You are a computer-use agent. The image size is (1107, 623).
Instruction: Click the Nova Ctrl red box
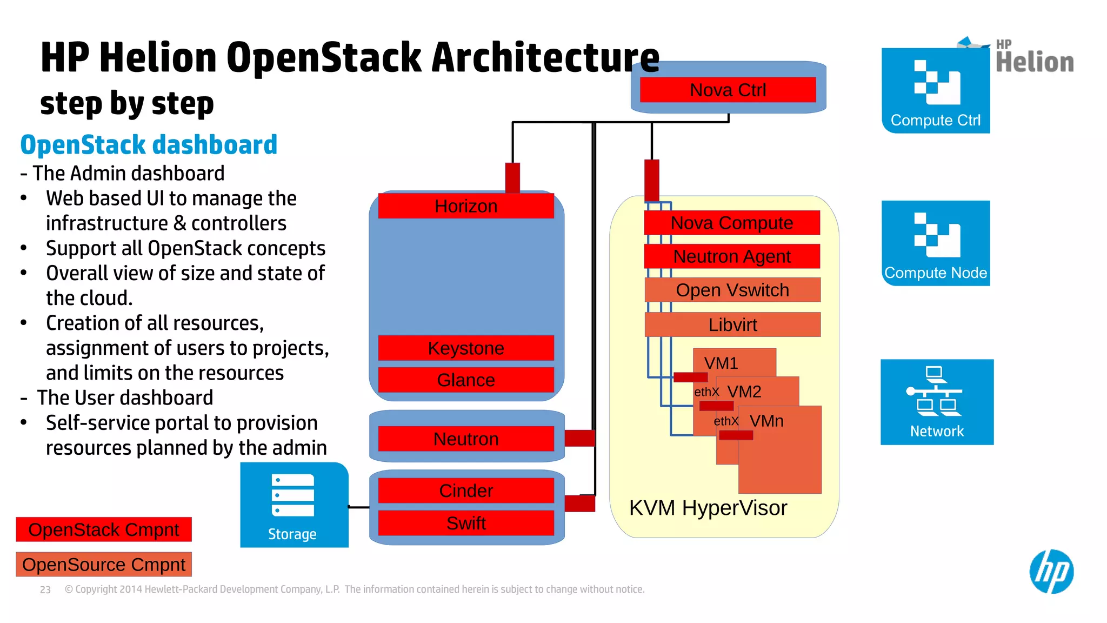coord(728,90)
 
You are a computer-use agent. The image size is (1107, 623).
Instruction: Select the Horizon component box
coord(466,206)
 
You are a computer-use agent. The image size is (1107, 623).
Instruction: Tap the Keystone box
coord(466,348)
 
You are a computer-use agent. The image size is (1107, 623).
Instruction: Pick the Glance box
coord(466,380)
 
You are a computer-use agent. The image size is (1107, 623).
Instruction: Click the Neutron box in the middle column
coord(466,439)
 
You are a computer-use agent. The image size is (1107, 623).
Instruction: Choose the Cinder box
coord(466,491)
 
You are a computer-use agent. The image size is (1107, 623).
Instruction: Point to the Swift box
coord(466,523)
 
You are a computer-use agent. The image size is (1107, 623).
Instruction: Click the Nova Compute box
coord(732,223)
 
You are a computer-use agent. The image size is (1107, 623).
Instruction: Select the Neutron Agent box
coord(732,256)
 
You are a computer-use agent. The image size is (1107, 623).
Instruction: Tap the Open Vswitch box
coord(732,290)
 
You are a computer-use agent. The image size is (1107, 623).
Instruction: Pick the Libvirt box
coord(732,324)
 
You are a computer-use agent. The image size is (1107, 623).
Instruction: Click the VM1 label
coord(721,363)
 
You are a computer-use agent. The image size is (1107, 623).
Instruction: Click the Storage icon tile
coord(294,505)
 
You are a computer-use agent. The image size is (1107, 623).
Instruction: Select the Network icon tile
coord(937,402)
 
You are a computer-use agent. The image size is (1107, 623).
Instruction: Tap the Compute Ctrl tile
coord(936,90)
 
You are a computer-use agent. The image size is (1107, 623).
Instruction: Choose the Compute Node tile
coord(936,243)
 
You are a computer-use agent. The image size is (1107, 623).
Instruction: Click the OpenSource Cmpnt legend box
coord(104,565)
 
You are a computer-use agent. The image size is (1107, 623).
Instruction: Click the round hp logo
coord(1051,572)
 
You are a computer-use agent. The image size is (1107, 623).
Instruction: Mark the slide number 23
coord(45,590)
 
